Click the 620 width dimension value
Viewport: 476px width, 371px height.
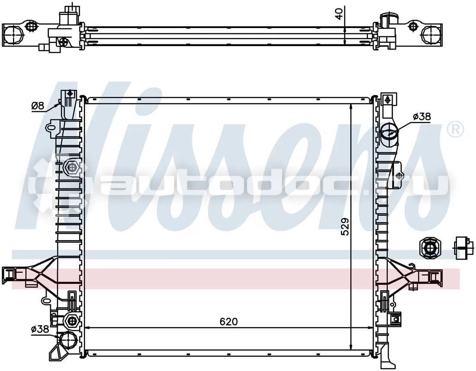tap(228, 321)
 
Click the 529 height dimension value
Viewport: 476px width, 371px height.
tap(345, 227)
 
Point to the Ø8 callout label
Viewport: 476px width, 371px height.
tap(38, 106)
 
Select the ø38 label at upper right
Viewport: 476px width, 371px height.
tap(422, 116)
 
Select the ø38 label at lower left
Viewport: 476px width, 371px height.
tap(40, 329)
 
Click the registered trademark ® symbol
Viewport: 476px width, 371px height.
tap(456, 129)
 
